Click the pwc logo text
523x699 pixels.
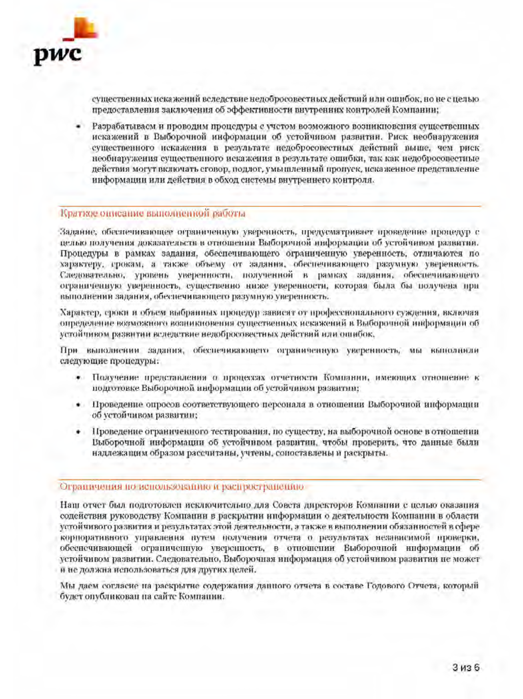[x=58, y=55]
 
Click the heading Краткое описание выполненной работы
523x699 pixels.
[x=152, y=213]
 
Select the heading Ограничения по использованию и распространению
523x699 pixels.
[x=182, y=487]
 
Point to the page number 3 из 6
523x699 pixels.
[x=466, y=667]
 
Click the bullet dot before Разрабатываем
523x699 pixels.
[x=79, y=126]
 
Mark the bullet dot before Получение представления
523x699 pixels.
[x=79, y=378]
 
